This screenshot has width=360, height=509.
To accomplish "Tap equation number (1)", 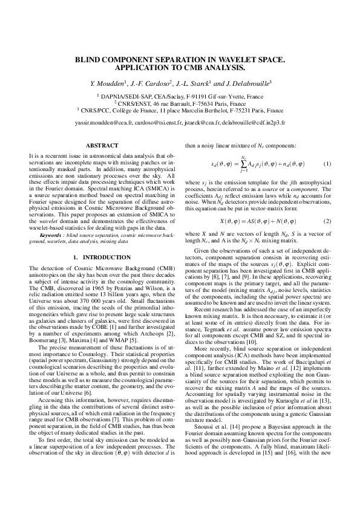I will click(x=327, y=164).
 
